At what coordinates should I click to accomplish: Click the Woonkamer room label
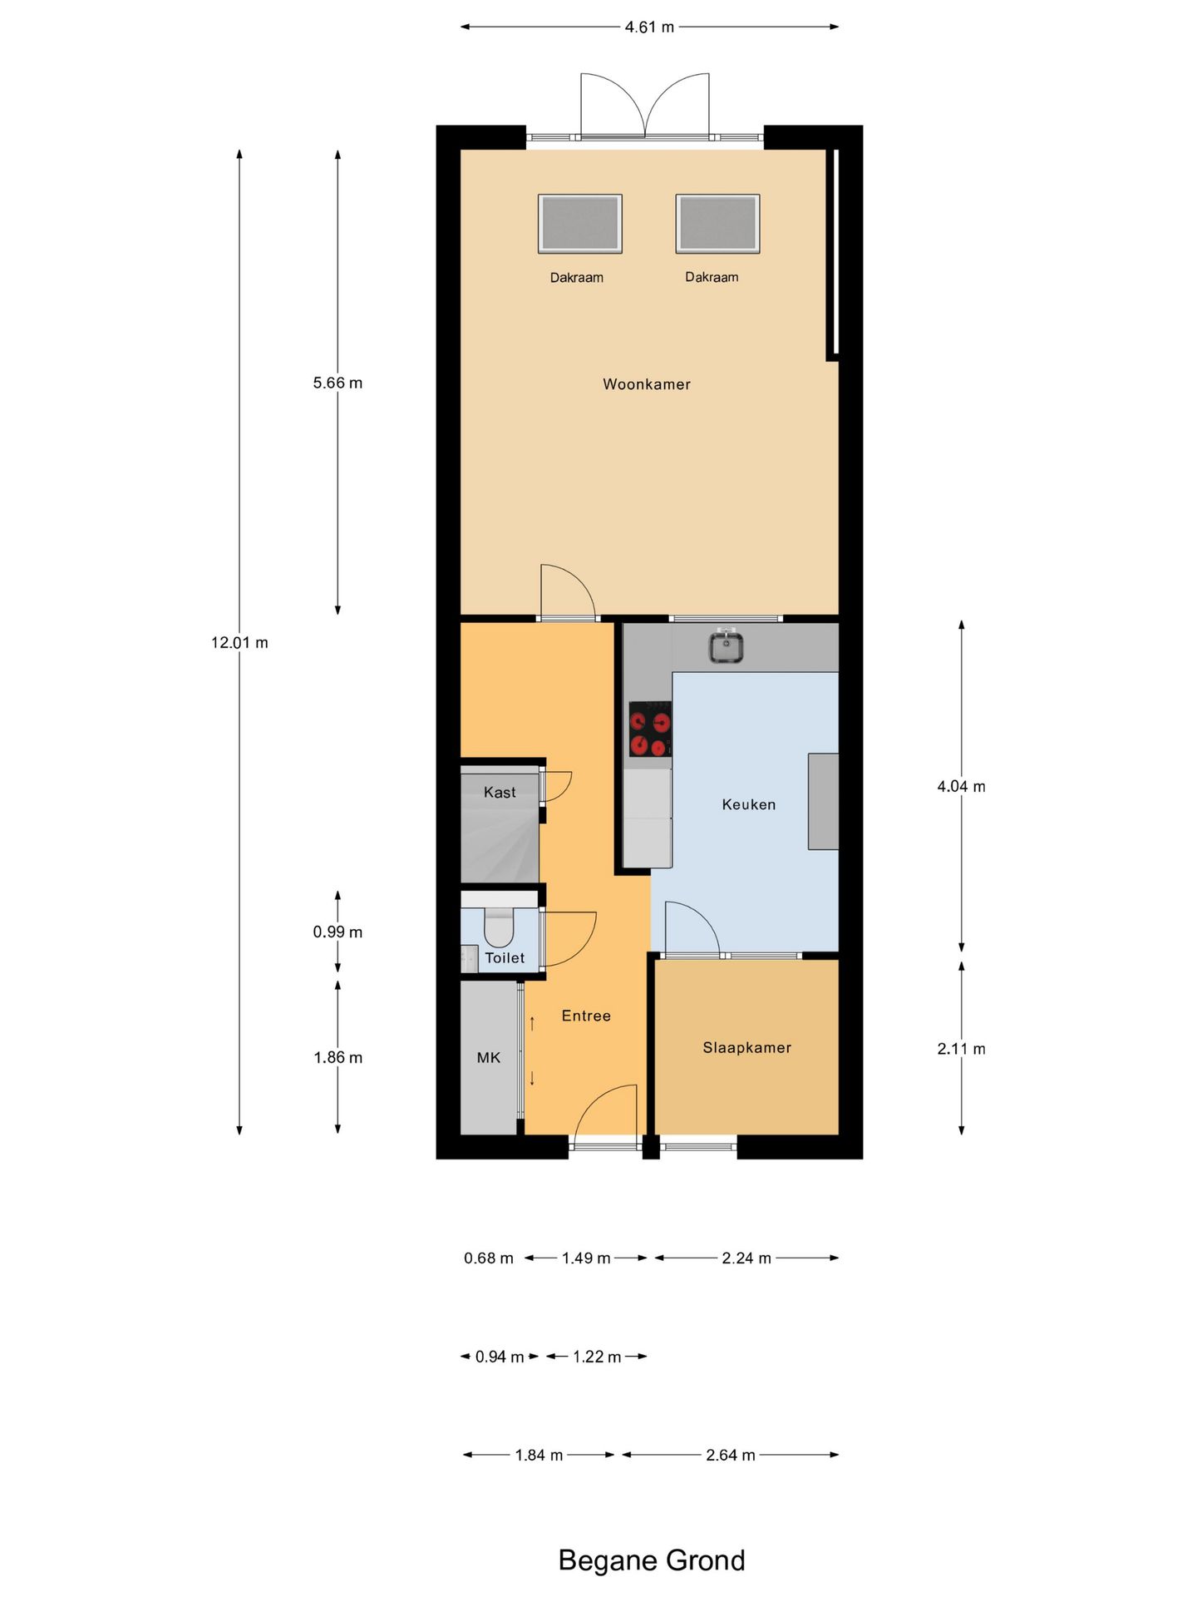[x=647, y=384]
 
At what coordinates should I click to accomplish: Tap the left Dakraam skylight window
[x=580, y=224]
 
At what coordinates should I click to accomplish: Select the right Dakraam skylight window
[x=717, y=224]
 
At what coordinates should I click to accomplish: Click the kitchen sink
[x=726, y=646]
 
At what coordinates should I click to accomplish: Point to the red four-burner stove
[x=650, y=729]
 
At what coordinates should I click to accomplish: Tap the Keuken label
[x=749, y=804]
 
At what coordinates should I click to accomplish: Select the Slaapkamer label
[x=747, y=1048]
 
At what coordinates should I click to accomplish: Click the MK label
[x=489, y=1058]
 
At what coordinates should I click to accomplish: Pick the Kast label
[x=500, y=793]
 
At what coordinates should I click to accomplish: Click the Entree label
[x=586, y=1016]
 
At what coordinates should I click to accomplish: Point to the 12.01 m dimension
[x=239, y=642]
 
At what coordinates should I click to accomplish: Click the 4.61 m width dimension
[x=649, y=27]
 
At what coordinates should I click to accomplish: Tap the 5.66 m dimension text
[x=337, y=383]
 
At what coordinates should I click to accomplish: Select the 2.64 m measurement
[x=731, y=1455]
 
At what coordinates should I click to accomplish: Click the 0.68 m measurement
[x=489, y=1258]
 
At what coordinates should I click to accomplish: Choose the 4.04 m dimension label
[x=962, y=786]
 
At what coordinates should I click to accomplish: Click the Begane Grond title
[x=652, y=1560]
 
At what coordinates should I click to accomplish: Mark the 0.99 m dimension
[x=337, y=932]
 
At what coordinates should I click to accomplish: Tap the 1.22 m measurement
[x=597, y=1357]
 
